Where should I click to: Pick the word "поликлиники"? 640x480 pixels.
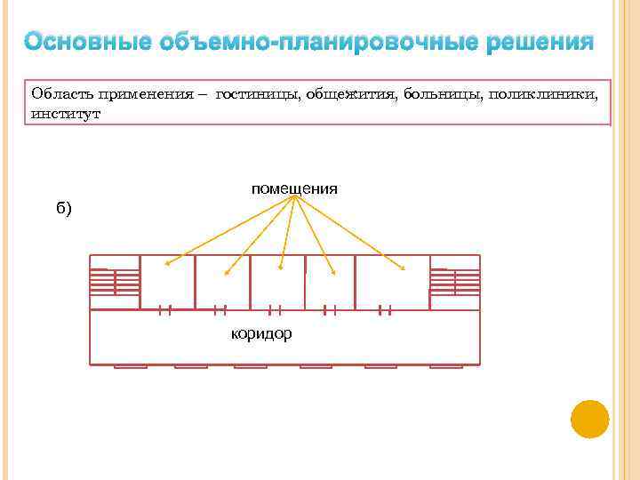tap(541, 93)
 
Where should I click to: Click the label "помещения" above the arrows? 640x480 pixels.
tap(294, 188)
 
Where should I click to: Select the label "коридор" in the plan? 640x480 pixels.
tap(261, 333)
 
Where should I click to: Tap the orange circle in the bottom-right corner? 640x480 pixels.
tap(589, 419)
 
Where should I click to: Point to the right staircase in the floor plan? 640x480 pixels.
tap(454, 282)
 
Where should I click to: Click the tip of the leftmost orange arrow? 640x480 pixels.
tap(166, 264)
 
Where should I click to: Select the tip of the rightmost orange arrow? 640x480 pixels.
tap(405, 268)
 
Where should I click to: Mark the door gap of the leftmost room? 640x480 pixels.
tap(165, 309)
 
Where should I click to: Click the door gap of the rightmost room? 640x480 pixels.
tap(385, 309)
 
